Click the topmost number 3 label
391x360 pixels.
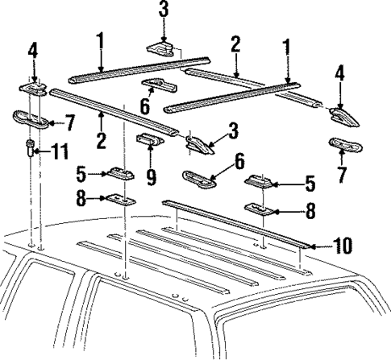pos(164,10)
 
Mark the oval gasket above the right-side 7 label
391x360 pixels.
pos(344,147)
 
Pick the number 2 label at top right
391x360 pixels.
pos(235,43)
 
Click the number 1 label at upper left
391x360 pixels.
pos(101,39)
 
